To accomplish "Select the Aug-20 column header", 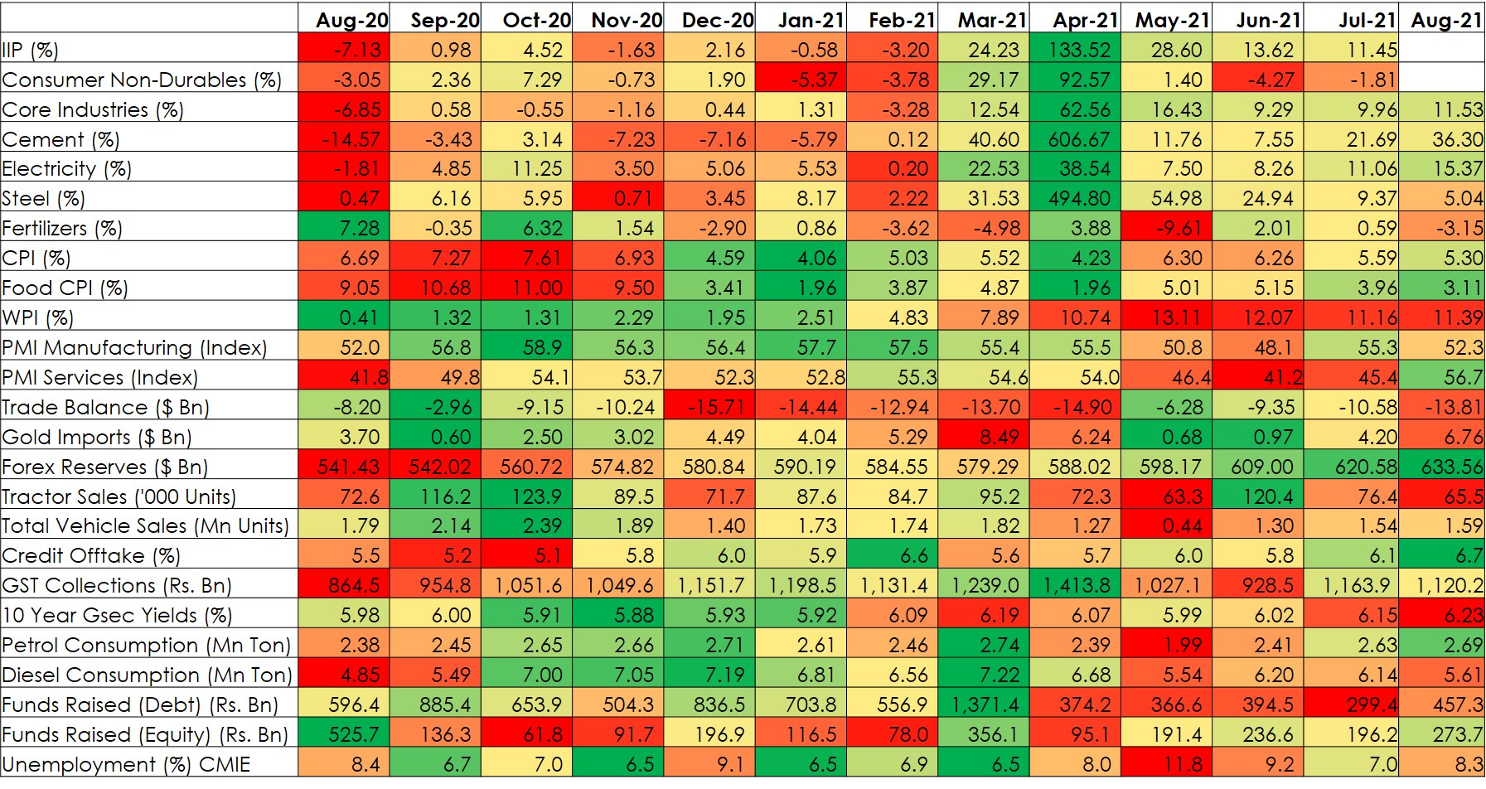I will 344,20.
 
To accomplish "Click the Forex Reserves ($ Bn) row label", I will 105,467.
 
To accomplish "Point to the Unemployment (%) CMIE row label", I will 126,764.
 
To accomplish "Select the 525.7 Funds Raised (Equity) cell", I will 344,734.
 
